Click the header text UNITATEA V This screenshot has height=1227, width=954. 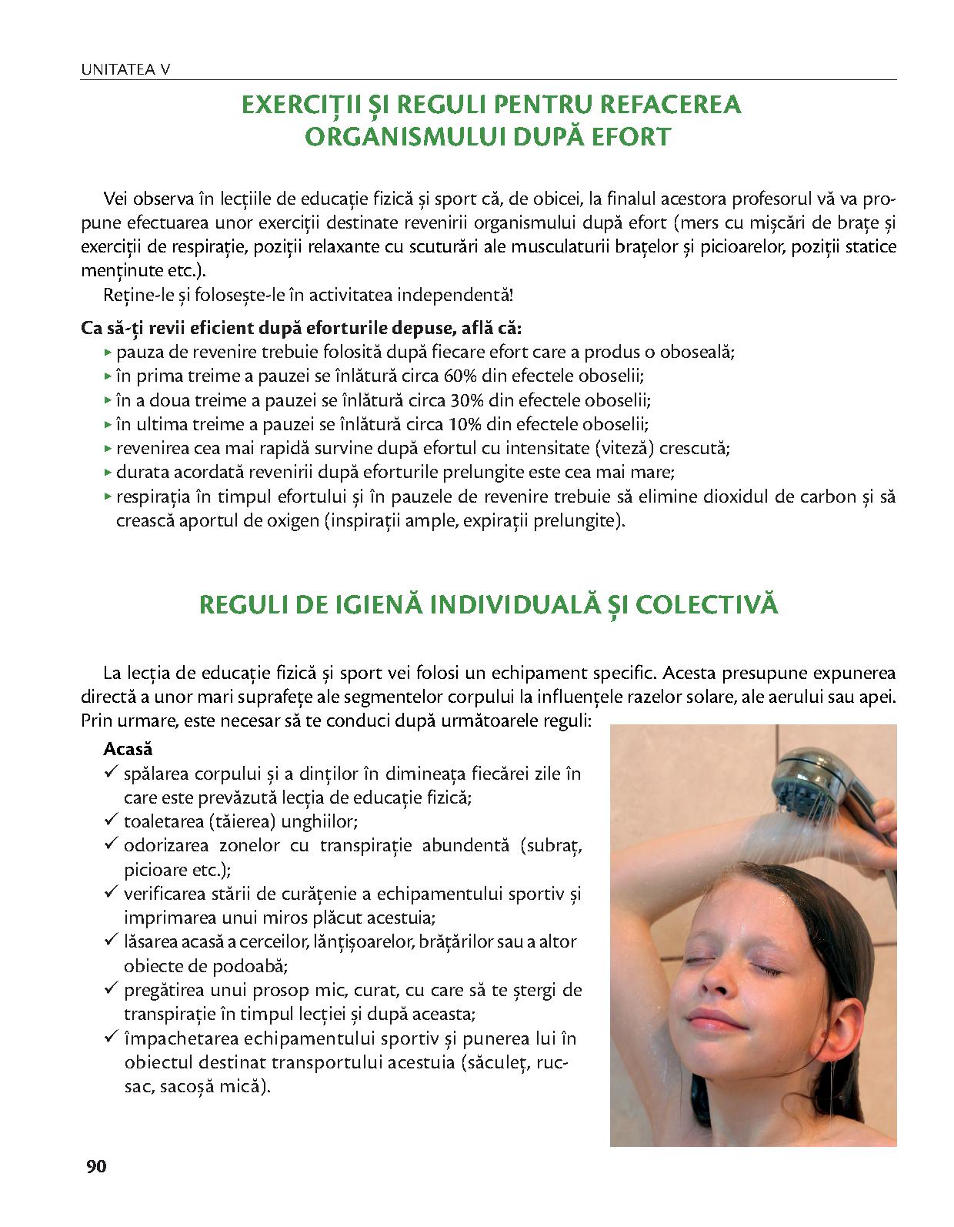point(125,70)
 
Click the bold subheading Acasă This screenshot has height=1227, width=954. point(128,748)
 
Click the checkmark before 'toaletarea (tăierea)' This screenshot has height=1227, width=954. point(110,821)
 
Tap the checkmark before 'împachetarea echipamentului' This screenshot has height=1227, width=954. point(110,1038)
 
